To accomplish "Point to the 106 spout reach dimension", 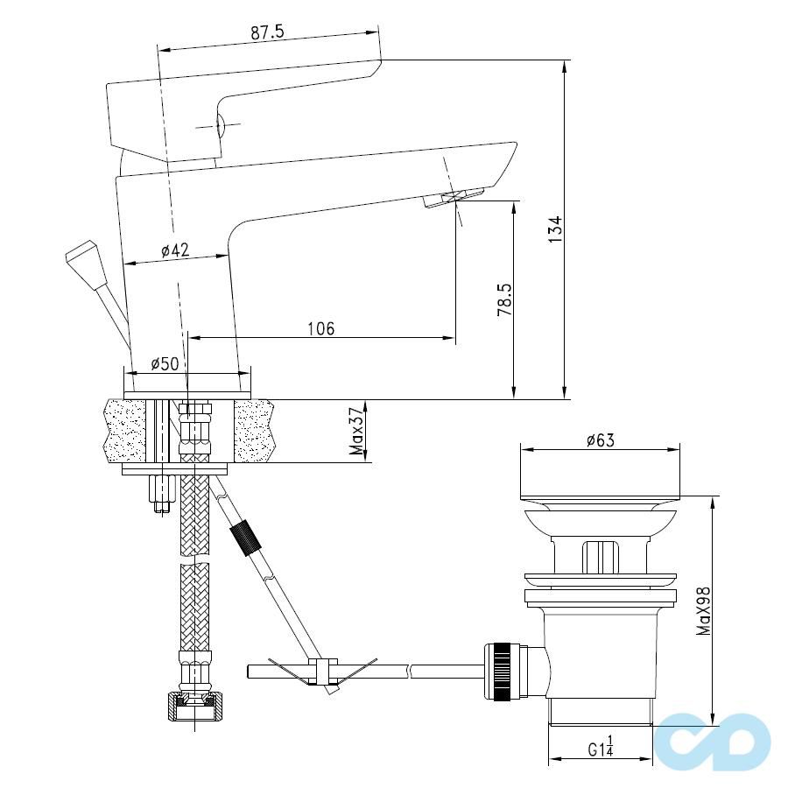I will (x=320, y=329).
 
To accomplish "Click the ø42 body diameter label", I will (x=175, y=250).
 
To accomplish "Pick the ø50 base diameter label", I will (x=165, y=363).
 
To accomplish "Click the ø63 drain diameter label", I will (x=600, y=440).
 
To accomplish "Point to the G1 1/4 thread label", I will (x=602, y=749).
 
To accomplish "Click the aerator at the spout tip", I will (x=454, y=197).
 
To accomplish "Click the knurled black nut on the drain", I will (x=503, y=672).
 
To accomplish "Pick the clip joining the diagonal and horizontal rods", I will (x=322, y=672).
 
